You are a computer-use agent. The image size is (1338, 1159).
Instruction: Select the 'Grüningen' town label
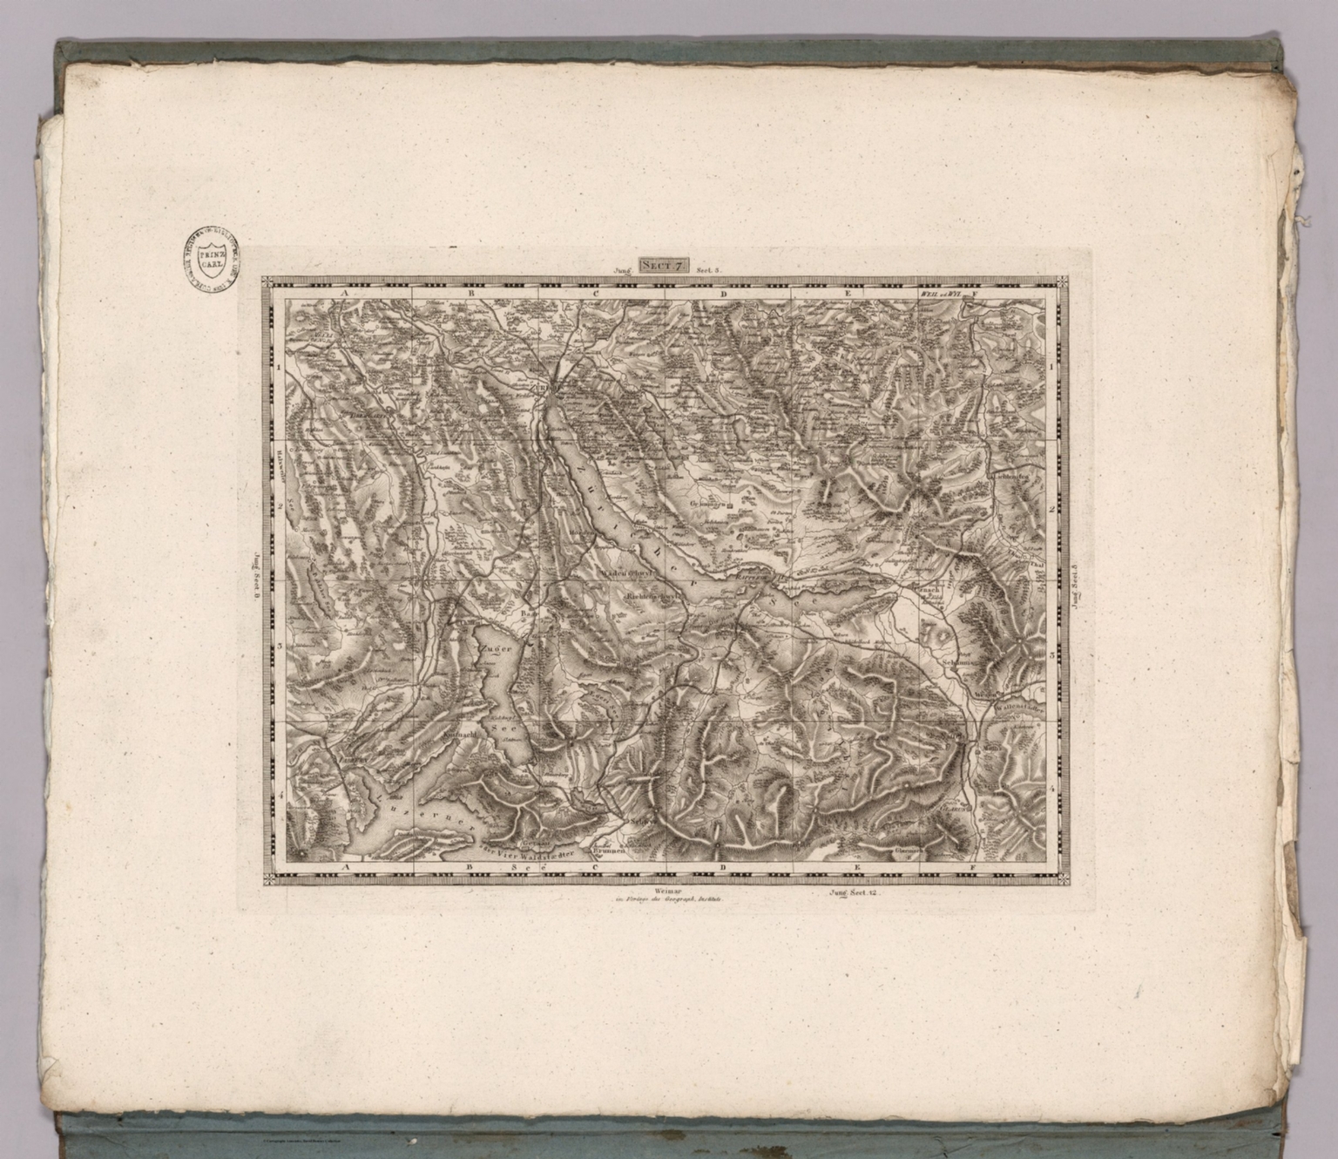tap(707, 504)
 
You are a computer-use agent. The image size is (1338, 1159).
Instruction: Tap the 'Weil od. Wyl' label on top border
tap(938, 295)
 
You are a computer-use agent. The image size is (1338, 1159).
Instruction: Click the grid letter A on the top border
tap(345, 295)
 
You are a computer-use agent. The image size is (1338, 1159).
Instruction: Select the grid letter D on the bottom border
tap(723, 868)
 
